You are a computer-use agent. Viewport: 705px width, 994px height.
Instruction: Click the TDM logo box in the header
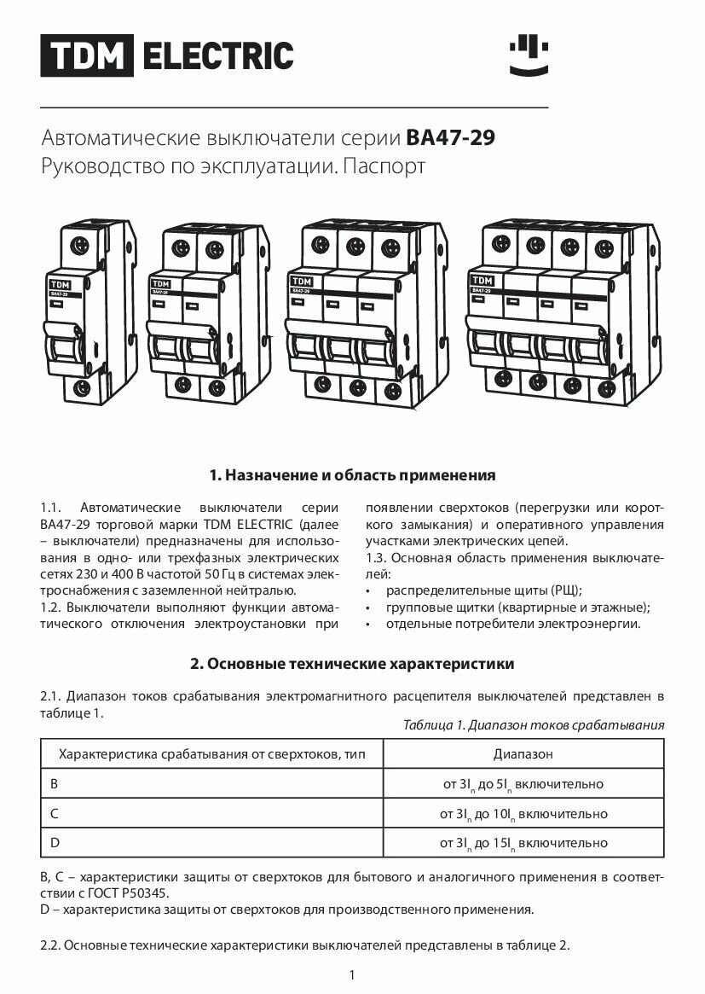pos(87,55)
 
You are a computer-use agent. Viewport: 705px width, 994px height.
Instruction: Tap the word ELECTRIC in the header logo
pos(217,55)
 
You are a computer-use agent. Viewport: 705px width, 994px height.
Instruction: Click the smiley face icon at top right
pos(529,55)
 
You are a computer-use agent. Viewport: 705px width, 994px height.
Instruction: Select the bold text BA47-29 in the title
pos(451,137)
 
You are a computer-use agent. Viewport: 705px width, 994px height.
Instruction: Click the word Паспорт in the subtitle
pos(383,166)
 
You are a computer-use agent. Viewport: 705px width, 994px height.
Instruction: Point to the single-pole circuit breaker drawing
pos(90,311)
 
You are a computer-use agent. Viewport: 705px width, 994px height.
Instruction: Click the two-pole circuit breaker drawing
pos(205,311)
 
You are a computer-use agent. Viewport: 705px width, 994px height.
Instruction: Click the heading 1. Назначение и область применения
pos(352,474)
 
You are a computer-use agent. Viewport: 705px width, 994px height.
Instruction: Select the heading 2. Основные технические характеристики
pos(352,663)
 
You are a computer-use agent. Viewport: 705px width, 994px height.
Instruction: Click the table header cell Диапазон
pos(523,754)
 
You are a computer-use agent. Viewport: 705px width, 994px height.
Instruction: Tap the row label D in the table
pos(55,843)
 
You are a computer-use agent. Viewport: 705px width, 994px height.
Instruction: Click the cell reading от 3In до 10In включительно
pos(523,814)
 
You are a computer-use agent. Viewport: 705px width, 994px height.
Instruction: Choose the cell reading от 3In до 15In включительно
pos(523,843)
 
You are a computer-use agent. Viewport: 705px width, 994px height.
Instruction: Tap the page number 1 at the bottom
pos(352,975)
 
